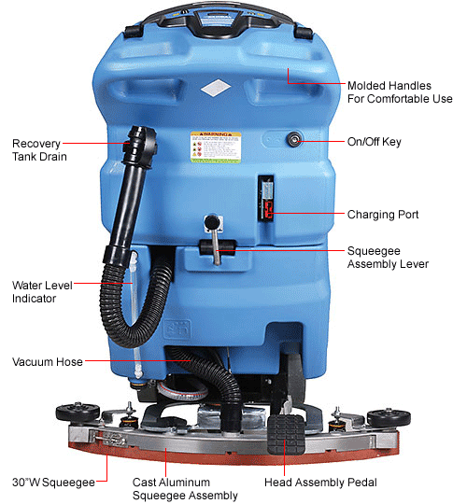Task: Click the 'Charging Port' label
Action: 382,214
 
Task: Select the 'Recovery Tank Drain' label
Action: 37,149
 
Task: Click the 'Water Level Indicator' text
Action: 38,291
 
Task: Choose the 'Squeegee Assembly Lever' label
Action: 387,258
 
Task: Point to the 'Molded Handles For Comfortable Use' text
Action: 399,91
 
